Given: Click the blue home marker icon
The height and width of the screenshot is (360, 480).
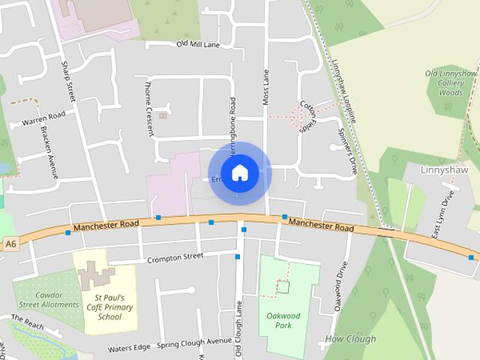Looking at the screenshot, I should pyautogui.click(x=239, y=172).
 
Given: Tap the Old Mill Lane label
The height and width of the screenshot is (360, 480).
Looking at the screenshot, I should pyautogui.click(x=198, y=44).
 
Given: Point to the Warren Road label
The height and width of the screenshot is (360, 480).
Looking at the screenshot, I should pyautogui.click(x=44, y=119).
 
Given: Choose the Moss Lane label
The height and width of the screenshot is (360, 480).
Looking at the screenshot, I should pyautogui.click(x=265, y=86).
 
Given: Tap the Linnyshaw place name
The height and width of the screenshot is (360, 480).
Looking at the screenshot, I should pyautogui.click(x=445, y=170).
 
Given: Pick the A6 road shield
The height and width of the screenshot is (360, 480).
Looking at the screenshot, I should pyautogui.click(x=10, y=244).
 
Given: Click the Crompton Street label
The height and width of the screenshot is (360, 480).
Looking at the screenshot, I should pyautogui.click(x=175, y=256).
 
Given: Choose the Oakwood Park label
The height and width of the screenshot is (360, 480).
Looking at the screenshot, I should pyautogui.click(x=283, y=321).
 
